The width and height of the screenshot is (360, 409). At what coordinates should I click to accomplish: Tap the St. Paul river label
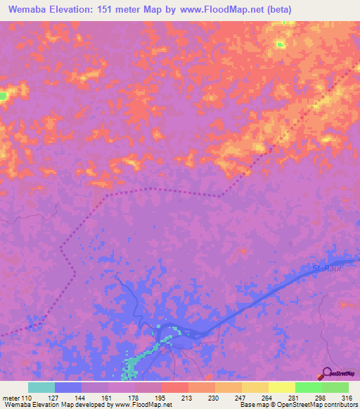point(326,268)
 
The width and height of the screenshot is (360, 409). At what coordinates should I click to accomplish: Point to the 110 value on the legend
point(27,398)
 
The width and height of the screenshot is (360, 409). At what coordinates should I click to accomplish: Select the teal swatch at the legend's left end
point(41,387)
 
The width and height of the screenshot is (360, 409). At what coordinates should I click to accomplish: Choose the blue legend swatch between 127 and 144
point(67,387)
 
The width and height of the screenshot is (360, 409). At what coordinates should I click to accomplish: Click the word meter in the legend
point(9,398)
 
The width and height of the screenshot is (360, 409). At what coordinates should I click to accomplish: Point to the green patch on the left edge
point(4,95)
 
